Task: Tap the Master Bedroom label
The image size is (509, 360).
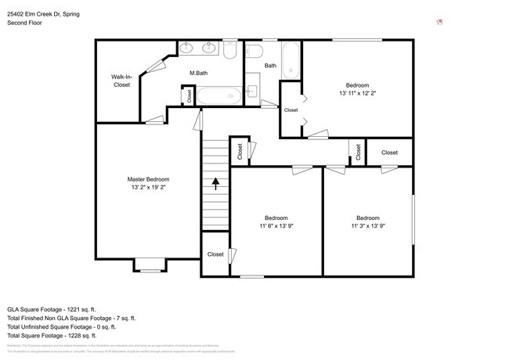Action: (148, 179)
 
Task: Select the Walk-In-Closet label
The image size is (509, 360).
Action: (121, 80)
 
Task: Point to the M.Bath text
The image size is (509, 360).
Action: (198, 73)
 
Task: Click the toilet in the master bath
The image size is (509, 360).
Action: (229, 50)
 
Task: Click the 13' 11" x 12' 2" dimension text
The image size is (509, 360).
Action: (357, 93)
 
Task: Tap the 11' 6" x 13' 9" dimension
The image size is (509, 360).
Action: (275, 226)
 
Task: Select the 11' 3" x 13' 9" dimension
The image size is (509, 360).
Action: (367, 226)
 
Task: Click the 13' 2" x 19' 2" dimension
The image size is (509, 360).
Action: (148, 188)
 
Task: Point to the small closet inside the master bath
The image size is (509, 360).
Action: (188, 95)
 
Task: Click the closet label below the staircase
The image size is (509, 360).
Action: (215, 254)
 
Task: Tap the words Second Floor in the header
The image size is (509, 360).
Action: (24, 23)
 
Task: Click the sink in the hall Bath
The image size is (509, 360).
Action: (251, 91)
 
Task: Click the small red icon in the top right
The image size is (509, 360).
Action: (440, 22)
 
